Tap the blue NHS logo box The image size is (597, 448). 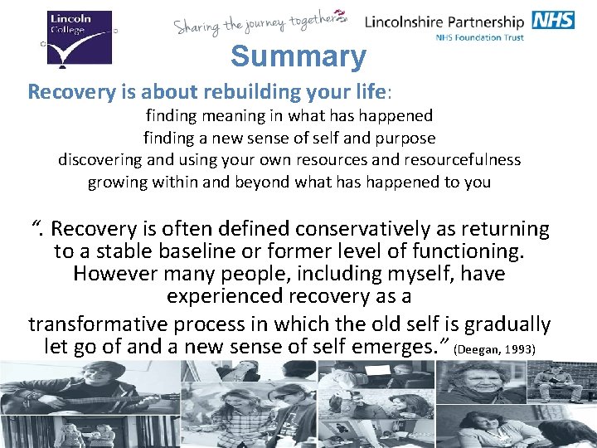pyautogui.click(x=554, y=20)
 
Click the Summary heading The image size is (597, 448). pyautogui.click(x=298, y=57)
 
